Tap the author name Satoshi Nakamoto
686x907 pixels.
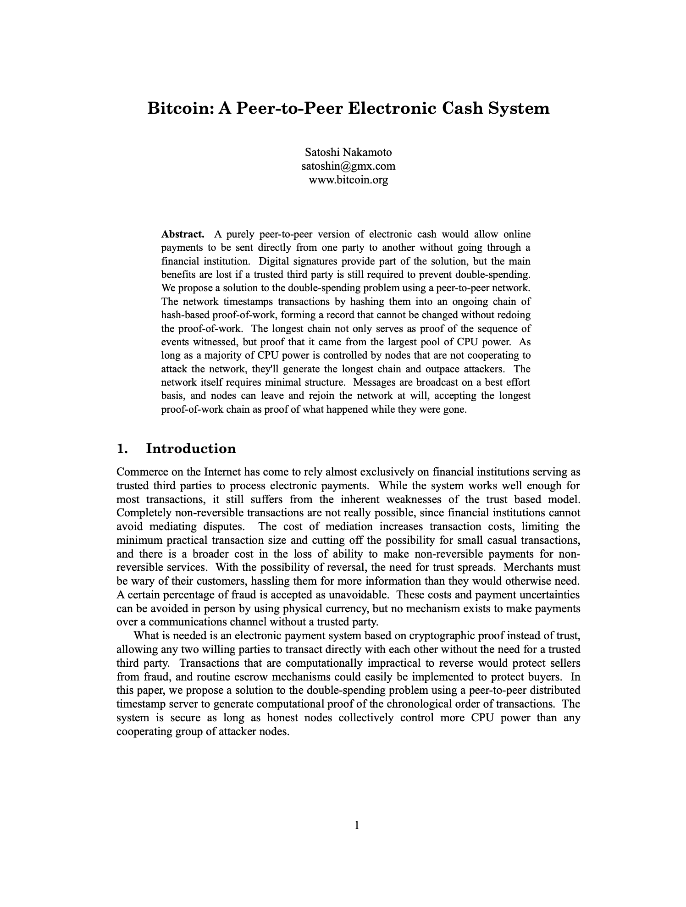(x=349, y=152)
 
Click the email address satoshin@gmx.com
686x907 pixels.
(x=349, y=166)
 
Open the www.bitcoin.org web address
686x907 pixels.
(x=349, y=179)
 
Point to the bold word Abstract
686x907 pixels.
(x=183, y=234)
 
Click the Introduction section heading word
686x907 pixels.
(x=191, y=448)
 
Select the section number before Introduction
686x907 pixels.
(x=122, y=448)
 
